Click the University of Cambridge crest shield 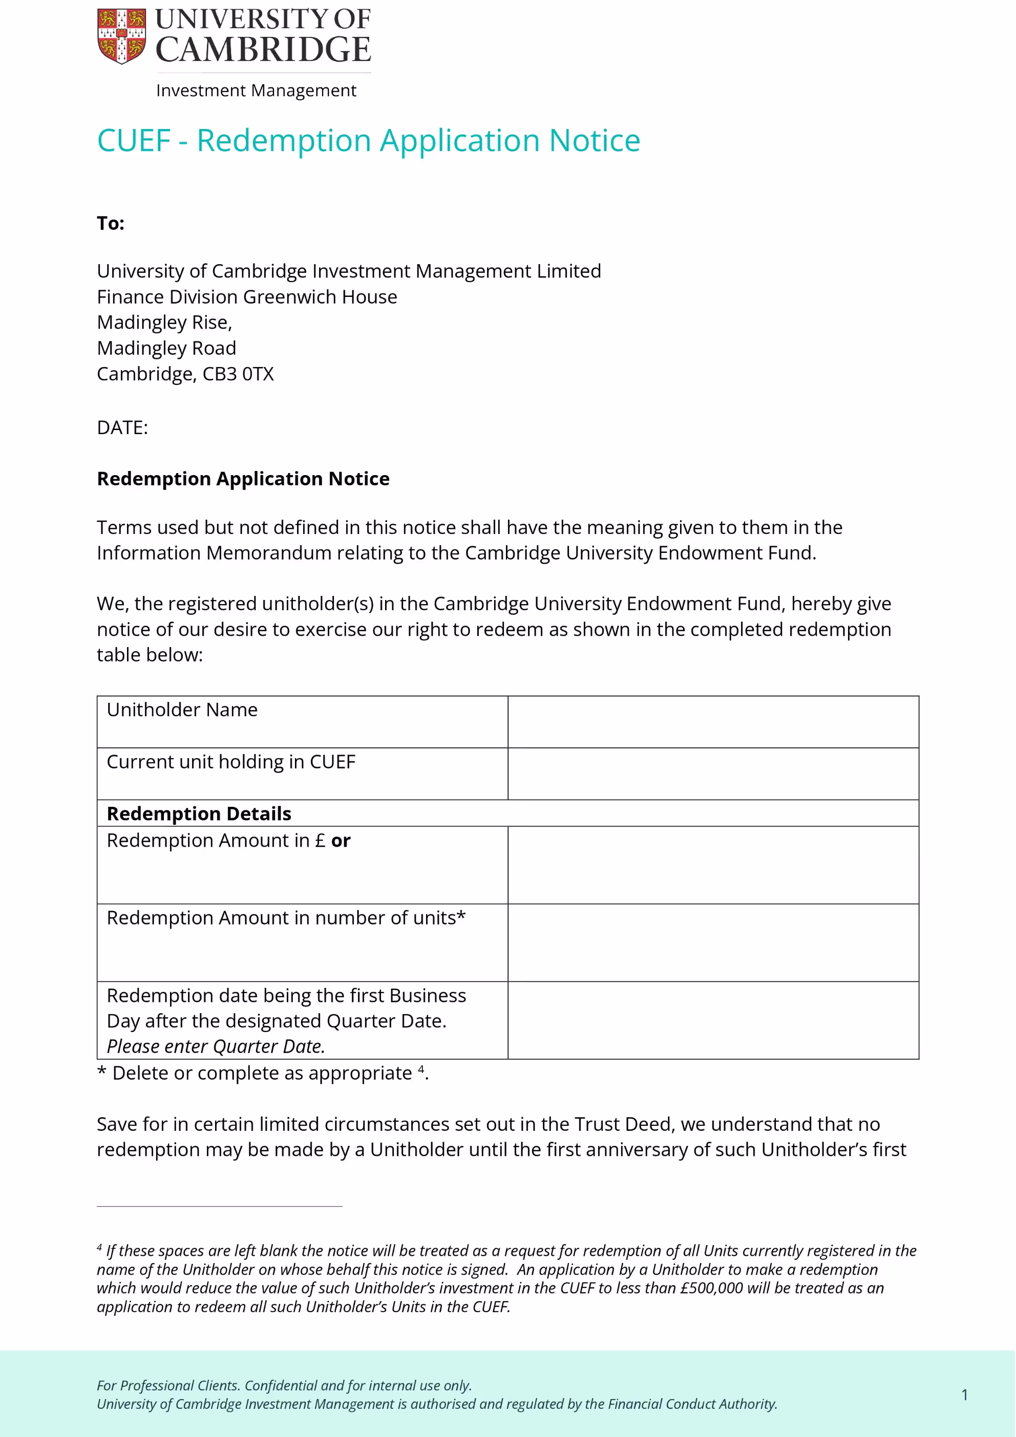[x=121, y=36]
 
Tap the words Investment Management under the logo [x=256, y=91]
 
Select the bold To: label [x=111, y=223]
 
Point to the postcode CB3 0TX [x=238, y=374]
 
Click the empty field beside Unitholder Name [x=713, y=722]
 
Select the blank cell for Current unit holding [x=713, y=774]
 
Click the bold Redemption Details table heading [x=199, y=813]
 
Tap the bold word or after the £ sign [x=341, y=841]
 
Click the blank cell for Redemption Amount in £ [x=713, y=865]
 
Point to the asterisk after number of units [x=461, y=916]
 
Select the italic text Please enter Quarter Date [x=216, y=1046]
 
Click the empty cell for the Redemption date [x=713, y=1020]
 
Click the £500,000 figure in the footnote [x=712, y=1288]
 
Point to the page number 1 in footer [x=965, y=1395]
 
